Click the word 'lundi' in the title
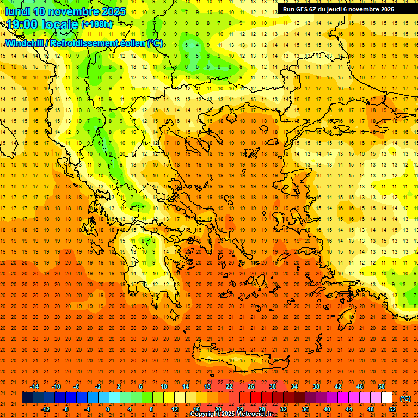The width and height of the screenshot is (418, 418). click(x=17, y=11)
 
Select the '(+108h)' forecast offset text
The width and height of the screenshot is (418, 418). click(x=97, y=24)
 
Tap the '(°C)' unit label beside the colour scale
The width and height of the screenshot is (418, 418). click(x=405, y=398)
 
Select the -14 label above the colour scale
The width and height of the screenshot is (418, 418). click(x=35, y=386)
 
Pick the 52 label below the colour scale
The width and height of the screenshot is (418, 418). click(x=392, y=409)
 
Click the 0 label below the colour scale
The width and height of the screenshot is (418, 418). click(x=108, y=409)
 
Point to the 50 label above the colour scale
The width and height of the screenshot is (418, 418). click(x=381, y=386)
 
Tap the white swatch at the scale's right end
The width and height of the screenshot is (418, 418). click(x=387, y=398)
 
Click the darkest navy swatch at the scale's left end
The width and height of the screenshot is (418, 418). click(x=27, y=398)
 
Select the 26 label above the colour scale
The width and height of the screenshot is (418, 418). click(x=251, y=386)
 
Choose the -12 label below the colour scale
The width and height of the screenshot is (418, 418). click(x=46, y=409)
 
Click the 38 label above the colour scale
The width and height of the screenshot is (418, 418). click(x=316, y=386)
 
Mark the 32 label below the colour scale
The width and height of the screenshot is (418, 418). click(x=284, y=409)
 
